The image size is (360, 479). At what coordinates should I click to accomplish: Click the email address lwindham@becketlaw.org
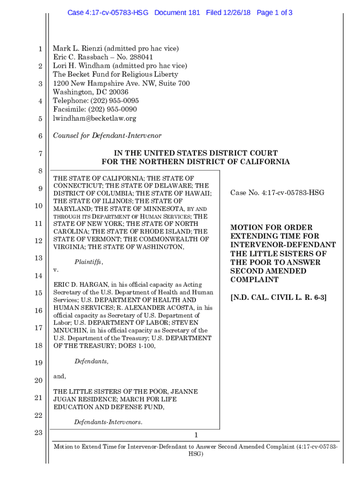[94, 118]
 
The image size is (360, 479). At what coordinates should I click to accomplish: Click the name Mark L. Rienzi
[77, 48]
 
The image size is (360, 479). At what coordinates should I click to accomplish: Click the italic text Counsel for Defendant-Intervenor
[107, 136]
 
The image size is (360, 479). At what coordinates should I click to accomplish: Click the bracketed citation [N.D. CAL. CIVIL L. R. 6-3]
[278, 297]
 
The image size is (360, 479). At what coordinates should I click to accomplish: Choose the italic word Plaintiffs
[88, 262]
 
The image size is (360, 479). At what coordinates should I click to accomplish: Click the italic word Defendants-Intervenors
[108, 422]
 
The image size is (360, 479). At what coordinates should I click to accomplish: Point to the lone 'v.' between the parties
[56, 270]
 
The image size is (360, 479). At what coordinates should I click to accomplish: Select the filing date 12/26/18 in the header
[238, 13]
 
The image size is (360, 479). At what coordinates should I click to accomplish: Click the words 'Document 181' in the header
[177, 13]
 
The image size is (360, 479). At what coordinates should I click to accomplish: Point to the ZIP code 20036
[118, 92]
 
